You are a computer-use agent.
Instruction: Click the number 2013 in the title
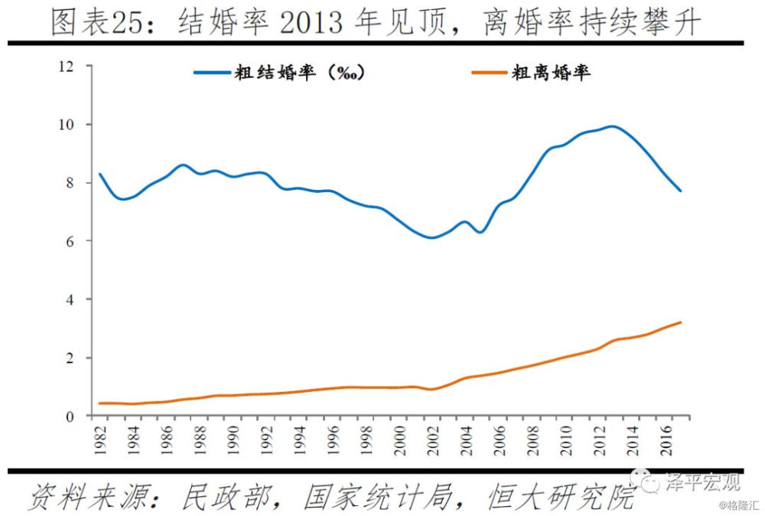point(312,23)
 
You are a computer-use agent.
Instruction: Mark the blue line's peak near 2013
point(612,126)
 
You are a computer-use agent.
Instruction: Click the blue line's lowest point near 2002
point(432,237)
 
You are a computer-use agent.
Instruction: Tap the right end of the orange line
point(681,322)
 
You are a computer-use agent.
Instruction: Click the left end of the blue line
point(99,174)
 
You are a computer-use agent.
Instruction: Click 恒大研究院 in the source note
point(560,498)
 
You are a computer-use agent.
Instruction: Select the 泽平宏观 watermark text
point(702,482)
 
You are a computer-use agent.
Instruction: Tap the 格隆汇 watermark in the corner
point(741,506)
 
